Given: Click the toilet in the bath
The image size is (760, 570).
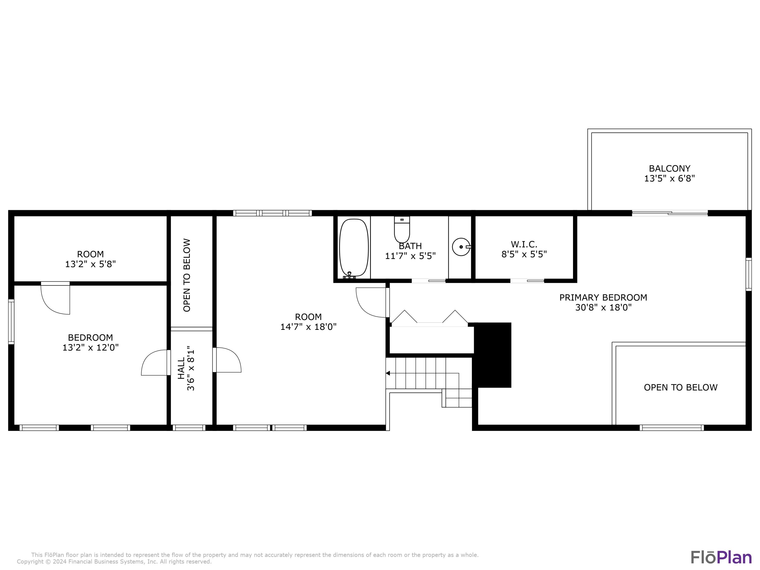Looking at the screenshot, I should (x=402, y=231).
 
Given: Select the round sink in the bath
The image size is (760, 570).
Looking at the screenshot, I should (x=461, y=247).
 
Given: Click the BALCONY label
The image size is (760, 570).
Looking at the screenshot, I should (x=669, y=168).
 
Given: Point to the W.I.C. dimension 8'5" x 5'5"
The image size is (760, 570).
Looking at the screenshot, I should (x=524, y=254).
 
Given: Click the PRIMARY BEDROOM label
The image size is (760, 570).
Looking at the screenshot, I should (x=603, y=298).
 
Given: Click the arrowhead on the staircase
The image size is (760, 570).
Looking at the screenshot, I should (x=388, y=373).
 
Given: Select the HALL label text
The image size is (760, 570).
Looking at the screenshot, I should (x=181, y=368).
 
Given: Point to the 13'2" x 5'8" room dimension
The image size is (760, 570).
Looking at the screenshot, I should (x=90, y=264).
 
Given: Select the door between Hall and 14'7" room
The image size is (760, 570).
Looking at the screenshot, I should (x=226, y=360).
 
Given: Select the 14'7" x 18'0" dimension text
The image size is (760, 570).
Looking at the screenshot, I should (x=308, y=327).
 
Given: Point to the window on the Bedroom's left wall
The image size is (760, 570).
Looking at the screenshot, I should (x=11, y=321).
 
